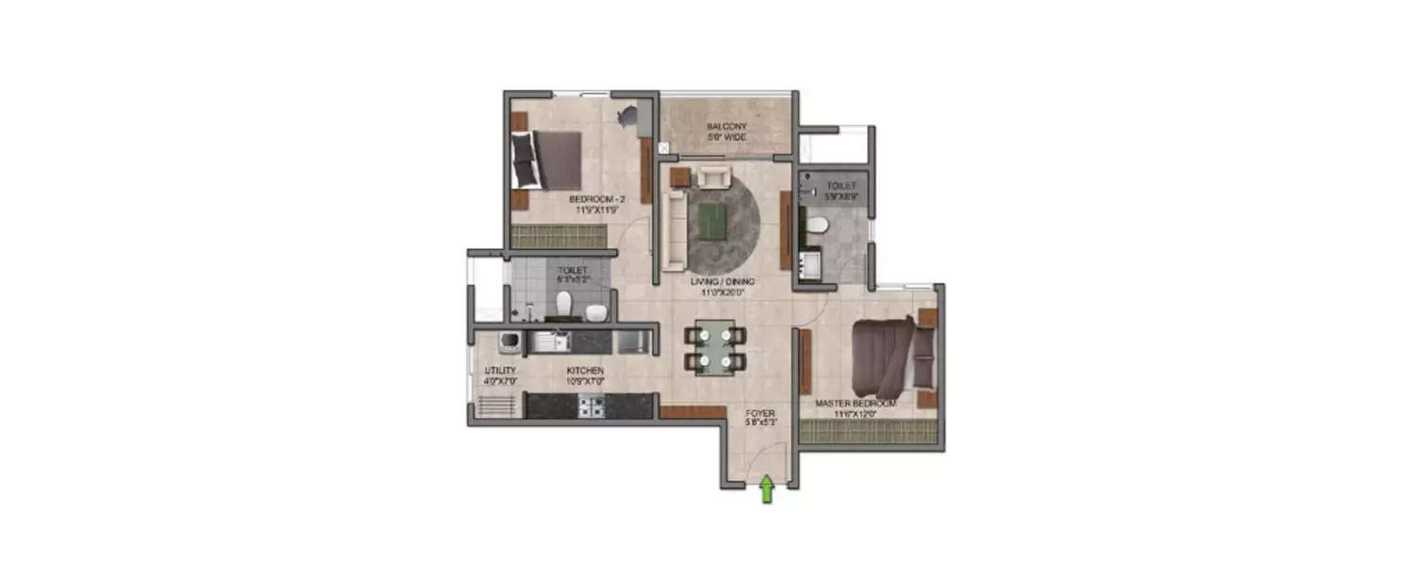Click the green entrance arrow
[766, 489]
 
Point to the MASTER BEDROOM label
[856, 403]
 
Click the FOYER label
[760, 413]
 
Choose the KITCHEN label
[585, 371]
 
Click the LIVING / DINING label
[722, 281]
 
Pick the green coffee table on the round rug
[713, 222]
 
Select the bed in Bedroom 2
[545, 160]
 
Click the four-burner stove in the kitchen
[589, 406]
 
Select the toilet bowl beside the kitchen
[564, 303]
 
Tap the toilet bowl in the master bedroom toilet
[817, 226]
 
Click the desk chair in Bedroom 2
[627, 116]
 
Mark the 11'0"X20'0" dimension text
[722, 293]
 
